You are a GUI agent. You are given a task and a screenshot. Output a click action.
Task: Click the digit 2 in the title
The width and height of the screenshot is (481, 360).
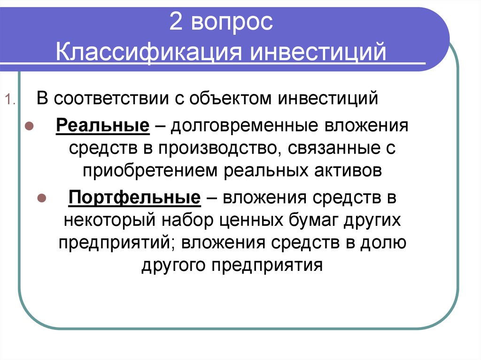[x=176, y=22]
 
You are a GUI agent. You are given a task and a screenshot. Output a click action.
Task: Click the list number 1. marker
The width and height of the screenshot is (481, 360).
[x=10, y=100]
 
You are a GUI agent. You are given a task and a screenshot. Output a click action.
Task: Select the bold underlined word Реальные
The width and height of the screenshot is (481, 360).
[x=103, y=126]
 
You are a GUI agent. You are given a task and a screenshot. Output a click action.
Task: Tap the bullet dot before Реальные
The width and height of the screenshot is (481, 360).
[x=29, y=126]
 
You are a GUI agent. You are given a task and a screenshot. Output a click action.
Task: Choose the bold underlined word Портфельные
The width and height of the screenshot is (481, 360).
[x=135, y=197]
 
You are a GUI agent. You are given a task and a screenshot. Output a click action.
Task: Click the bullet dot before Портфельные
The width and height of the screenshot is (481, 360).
[x=42, y=198]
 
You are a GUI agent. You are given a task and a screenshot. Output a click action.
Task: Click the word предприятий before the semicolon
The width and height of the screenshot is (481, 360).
[x=114, y=243]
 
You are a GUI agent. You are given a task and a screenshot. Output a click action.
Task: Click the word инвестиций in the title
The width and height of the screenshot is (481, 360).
[x=318, y=53]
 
